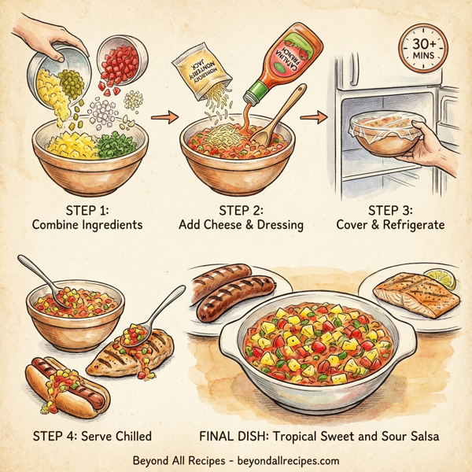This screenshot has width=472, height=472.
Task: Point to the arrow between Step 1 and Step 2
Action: click(x=160, y=118)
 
